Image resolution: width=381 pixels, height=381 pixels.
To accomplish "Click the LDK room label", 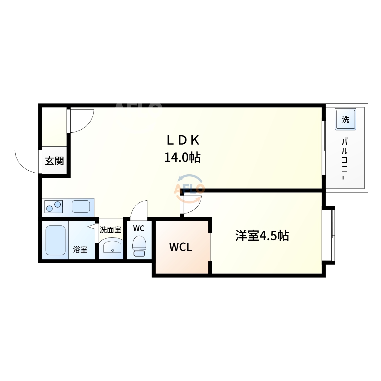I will [183, 140].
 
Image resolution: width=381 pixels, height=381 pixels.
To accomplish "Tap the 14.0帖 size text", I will [182, 157].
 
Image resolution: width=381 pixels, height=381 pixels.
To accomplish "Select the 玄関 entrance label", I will [54, 161].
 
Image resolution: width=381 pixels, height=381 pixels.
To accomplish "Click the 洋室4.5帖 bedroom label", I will [262, 236].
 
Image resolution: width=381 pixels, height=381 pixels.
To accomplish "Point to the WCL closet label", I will [181, 247].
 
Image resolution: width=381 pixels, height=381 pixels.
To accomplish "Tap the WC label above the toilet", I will [139, 228].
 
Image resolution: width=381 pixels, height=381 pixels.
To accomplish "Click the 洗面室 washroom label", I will [111, 230].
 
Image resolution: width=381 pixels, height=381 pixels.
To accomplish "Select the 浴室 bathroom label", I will [80, 249].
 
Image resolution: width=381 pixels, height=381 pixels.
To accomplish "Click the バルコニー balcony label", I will [344, 159].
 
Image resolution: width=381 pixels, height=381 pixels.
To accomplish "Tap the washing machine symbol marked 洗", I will [345, 119].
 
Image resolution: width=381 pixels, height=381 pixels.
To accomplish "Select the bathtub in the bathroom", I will [56, 240].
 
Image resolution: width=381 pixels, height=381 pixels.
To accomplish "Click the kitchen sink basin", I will [81, 206].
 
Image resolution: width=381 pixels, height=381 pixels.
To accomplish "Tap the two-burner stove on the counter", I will [54, 206].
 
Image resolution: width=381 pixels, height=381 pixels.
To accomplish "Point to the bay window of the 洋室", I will [329, 235].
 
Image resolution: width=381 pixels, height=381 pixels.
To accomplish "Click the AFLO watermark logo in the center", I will [189, 189].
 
